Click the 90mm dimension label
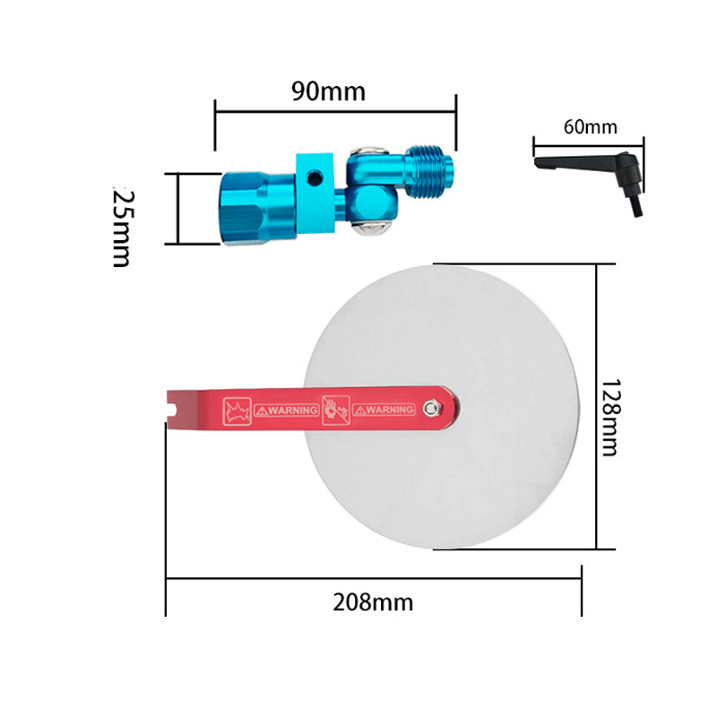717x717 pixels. click(x=328, y=91)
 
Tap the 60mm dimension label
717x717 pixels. click(x=591, y=126)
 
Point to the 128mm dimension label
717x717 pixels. click(x=610, y=417)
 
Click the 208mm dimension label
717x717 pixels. click(x=373, y=602)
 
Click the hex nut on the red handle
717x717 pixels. click(x=430, y=409)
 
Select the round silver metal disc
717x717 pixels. click(x=442, y=407)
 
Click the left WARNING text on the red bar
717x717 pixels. click(x=287, y=410)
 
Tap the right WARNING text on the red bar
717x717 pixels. click(x=384, y=410)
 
